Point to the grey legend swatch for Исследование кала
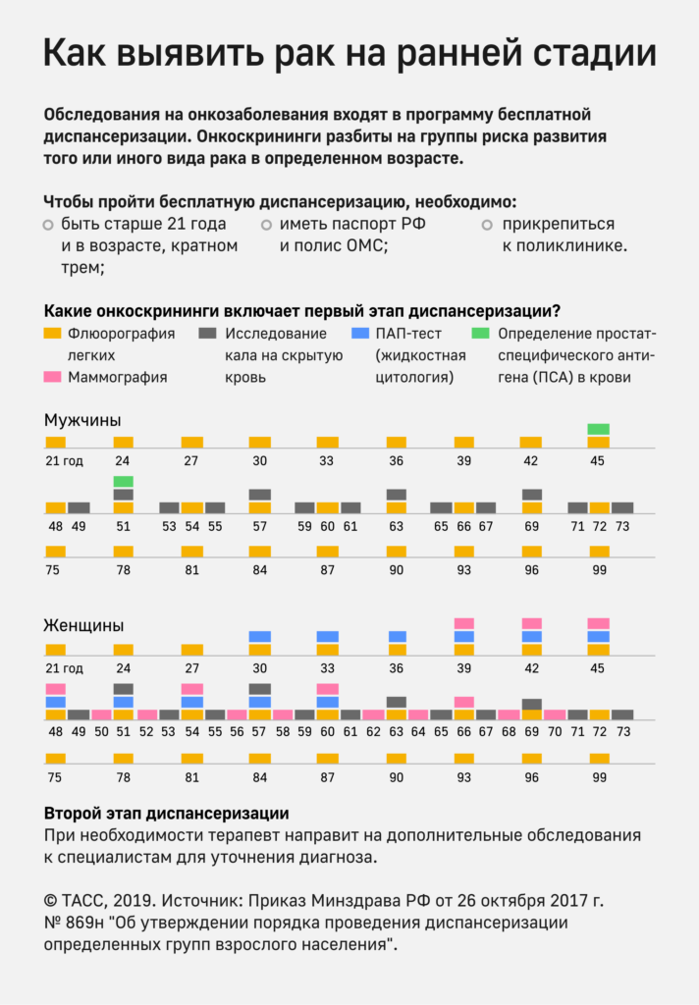point(208,334)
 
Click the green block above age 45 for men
point(598,429)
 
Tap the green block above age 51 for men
point(123,481)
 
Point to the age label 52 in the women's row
point(146,731)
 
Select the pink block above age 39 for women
point(464,623)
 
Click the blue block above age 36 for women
point(397,636)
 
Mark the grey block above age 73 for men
point(621,507)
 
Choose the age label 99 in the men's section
point(598,570)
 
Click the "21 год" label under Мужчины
point(64,461)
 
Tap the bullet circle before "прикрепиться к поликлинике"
point(487,226)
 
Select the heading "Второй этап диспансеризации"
point(166,814)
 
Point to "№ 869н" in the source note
point(78,924)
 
